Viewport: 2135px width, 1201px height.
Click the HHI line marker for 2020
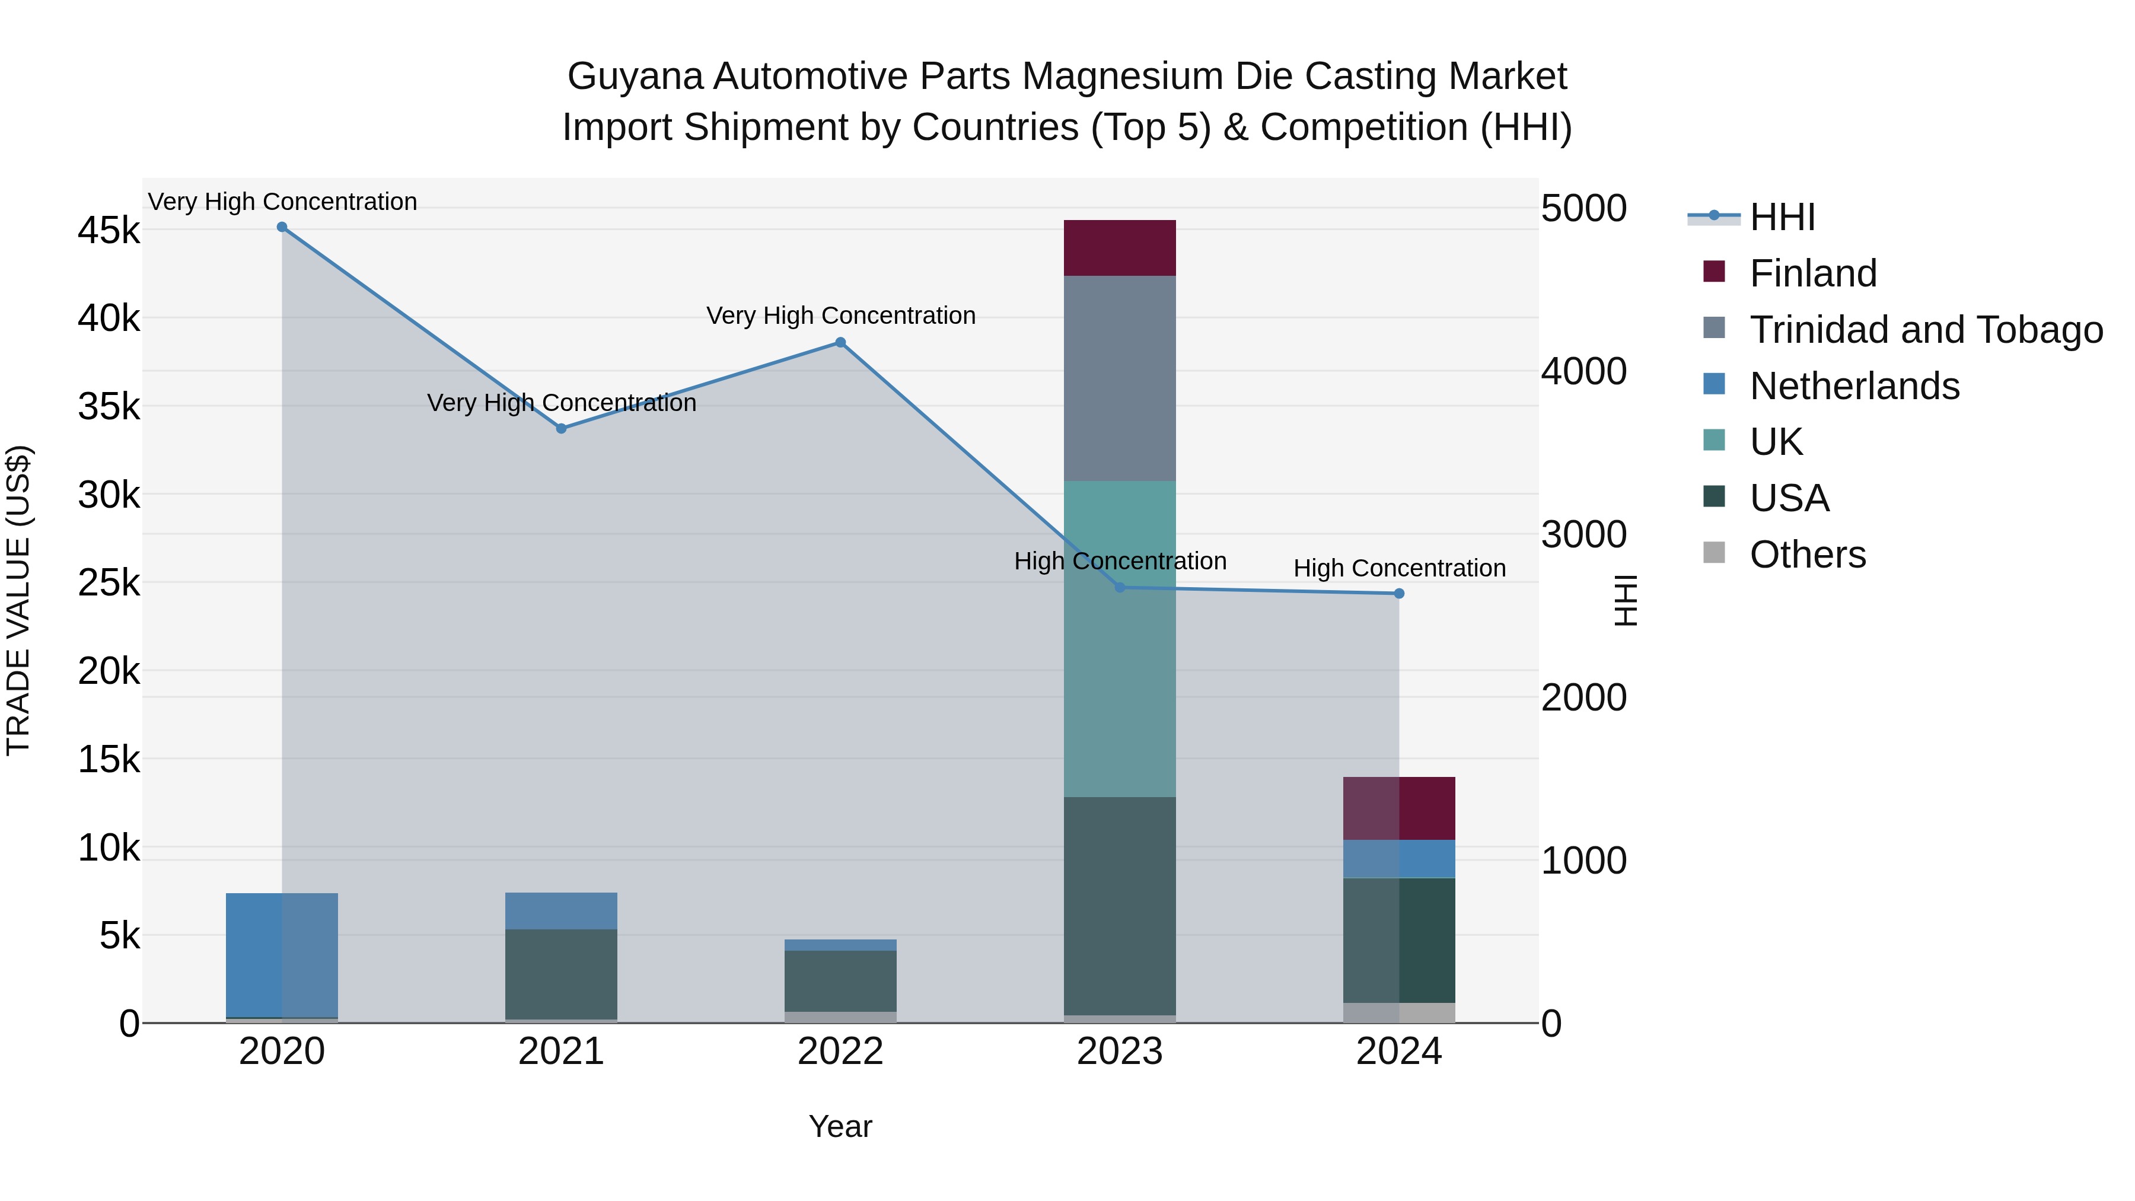(282, 227)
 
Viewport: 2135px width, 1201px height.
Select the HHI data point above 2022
(840, 342)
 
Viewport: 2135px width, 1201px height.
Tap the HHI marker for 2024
(1399, 594)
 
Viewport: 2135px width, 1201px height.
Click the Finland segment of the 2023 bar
(1120, 248)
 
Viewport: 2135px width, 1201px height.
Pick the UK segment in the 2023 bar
(1120, 638)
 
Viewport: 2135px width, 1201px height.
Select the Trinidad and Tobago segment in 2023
(1120, 378)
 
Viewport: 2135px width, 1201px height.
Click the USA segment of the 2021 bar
(561, 974)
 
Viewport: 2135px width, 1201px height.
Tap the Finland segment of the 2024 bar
(1399, 808)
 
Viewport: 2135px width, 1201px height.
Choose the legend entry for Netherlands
(1854, 386)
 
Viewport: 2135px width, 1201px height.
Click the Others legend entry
(1807, 555)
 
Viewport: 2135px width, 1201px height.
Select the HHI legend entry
(1782, 217)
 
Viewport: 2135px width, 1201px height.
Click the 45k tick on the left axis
(109, 231)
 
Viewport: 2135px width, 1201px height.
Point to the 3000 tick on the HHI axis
(1583, 534)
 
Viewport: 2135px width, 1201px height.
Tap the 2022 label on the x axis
(840, 1052)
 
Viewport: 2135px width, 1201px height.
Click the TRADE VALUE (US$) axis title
(18, 600)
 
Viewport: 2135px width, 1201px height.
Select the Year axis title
(840, 1126)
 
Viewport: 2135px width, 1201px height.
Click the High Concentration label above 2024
(1399, 569)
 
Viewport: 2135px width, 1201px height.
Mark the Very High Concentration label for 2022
(840, 316)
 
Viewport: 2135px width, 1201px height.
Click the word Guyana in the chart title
(635, 77)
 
